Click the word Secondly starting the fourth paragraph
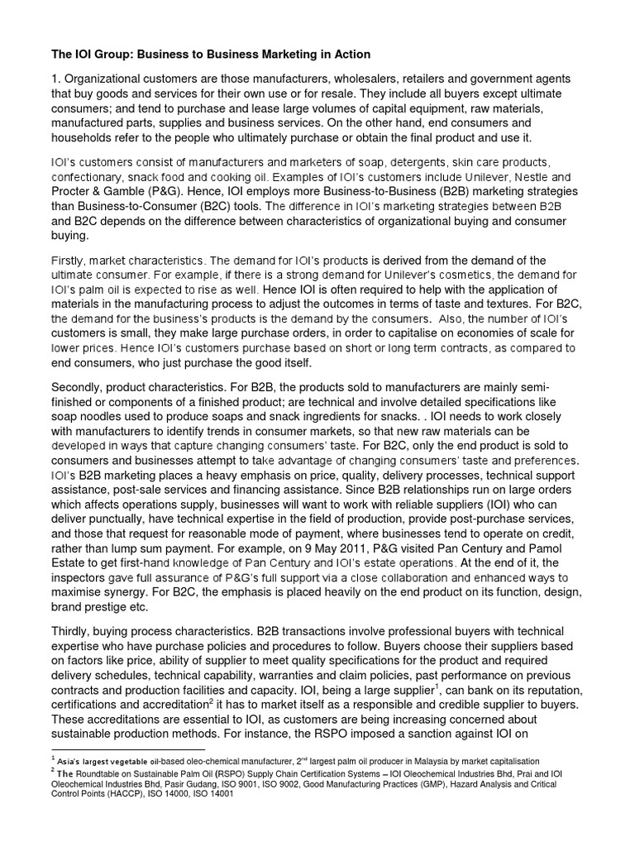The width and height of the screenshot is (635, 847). click(x=80, y=387)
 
